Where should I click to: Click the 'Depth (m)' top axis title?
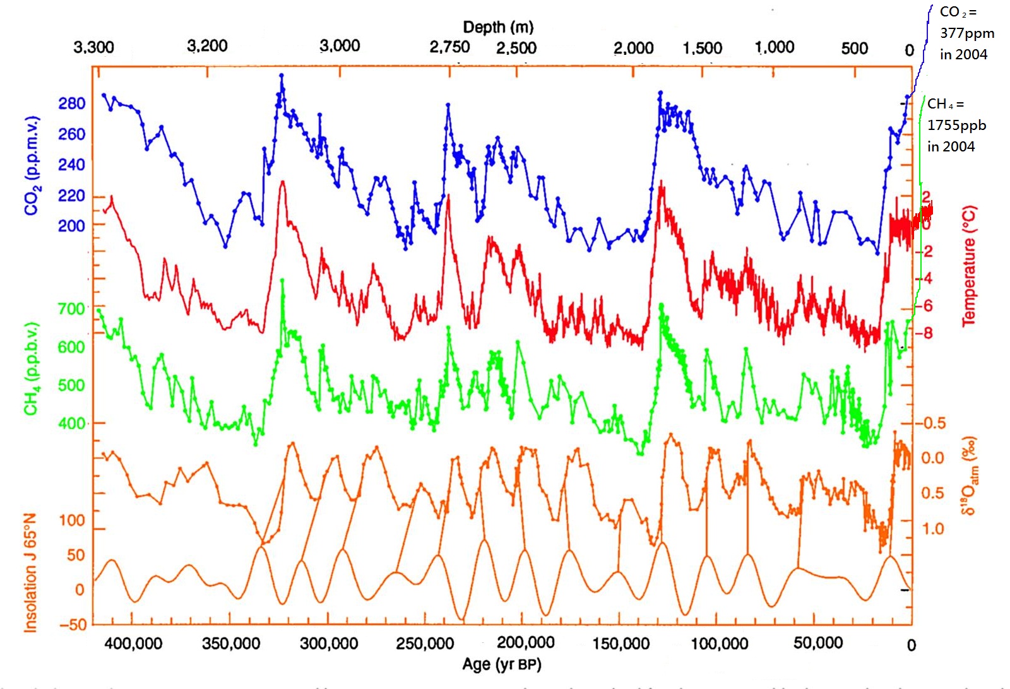tap(498, 27)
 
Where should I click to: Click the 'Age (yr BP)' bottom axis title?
tap(502, 664)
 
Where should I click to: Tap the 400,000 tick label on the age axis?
tap(133, 644)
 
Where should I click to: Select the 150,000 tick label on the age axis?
tap(621, 644)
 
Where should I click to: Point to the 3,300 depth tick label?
tap(93, 47)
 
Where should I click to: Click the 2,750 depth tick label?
tap(449, 47)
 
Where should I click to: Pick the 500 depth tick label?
tap(854, 49)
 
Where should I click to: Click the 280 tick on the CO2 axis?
tap(71, 103)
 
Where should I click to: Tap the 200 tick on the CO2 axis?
tap(71, 225)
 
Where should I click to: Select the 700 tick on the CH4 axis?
tap(71, 309)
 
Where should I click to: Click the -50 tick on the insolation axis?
tap(73, 625)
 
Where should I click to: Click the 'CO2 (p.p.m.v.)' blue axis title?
tap(33, 165)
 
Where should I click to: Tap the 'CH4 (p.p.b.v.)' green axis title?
tap(32, 369)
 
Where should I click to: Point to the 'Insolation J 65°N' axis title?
tap(31, 572)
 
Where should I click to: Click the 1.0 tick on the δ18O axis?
tap(932, 529)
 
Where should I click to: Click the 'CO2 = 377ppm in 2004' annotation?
tap(966, 33)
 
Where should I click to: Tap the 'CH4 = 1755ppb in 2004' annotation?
tap(956, 125)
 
